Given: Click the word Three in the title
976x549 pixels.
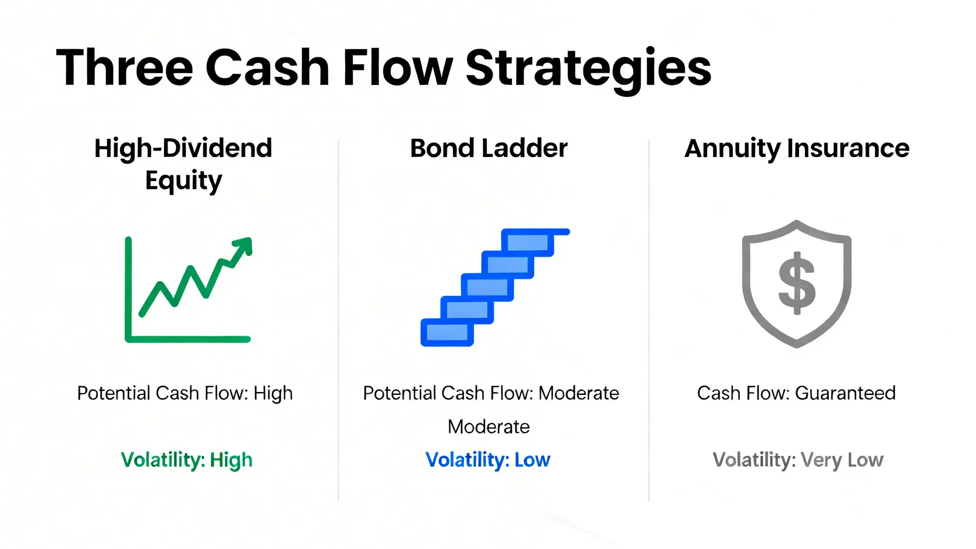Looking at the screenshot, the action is click(x=125, y=68).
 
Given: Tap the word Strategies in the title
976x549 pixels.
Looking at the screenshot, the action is click(x=588, y=70).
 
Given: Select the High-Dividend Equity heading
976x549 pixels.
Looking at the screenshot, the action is click(x=183, y=164).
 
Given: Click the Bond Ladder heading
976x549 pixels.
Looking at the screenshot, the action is click(x=489, y=148).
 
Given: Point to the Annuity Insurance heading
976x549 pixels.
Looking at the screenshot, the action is click(x=797, y=149).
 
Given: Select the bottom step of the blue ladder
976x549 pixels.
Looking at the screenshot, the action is click(x=447, y=332).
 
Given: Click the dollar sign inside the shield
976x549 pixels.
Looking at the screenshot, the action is click(x=797, y=283).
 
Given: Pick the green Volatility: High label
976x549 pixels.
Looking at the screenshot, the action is click(x=186, y=460).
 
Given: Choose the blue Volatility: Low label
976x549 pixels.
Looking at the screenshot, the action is click(x=488, y=460).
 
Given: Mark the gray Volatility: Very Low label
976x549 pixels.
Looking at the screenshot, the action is click(x=798, y=461).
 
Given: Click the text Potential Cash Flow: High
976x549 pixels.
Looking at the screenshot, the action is click(x=185, y=393).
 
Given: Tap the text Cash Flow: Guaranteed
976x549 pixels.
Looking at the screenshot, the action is click(x=796, y=393).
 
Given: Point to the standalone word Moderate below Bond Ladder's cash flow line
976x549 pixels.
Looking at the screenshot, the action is click(x=489, y=427).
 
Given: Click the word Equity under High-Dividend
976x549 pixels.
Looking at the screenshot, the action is click(x=183, y=181).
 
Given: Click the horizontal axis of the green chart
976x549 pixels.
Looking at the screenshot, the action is click(x=188, y=339).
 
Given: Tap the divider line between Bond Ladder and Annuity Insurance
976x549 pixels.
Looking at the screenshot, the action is click(x=649, y=320).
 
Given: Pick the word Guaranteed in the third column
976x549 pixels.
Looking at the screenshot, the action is click(x=845, y=393).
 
